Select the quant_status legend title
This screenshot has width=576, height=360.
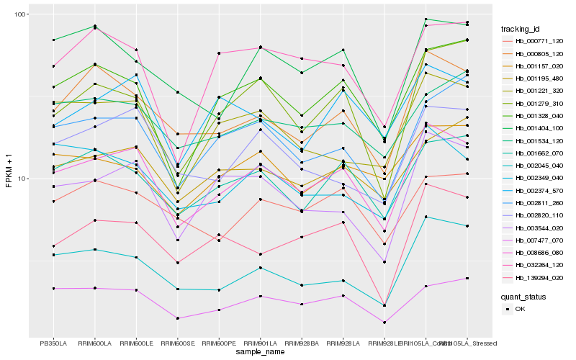click(524, 297)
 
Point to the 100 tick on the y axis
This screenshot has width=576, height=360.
click(20, 14)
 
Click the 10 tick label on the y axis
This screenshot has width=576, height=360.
click(22, 179)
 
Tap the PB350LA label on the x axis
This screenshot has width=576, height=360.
click(53, 343)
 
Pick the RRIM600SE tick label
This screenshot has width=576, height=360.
click(177, 343)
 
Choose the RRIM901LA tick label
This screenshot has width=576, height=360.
click(260, 343)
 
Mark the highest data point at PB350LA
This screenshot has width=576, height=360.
click(53, 40)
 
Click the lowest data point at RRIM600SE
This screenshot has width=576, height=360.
click(177, 318)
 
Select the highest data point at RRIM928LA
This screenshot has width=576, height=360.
click(343, 50)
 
